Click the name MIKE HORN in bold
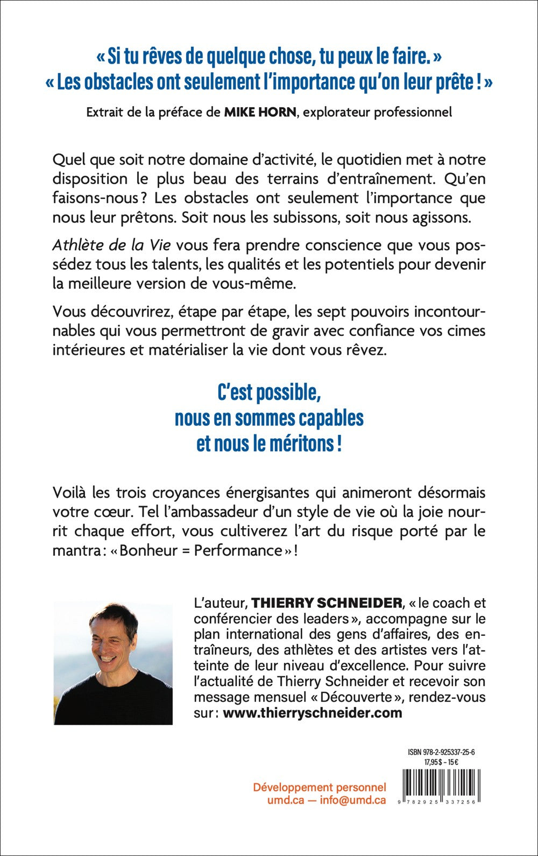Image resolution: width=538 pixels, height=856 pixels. point(259,112)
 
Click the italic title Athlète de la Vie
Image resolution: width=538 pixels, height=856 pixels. point(111,245)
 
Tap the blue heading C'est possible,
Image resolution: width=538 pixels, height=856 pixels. point(269,392)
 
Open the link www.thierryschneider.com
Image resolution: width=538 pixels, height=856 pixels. point(312,713)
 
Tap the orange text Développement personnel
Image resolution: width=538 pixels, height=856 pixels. point(320,787)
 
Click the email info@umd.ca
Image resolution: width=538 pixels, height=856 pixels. point(352,800)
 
